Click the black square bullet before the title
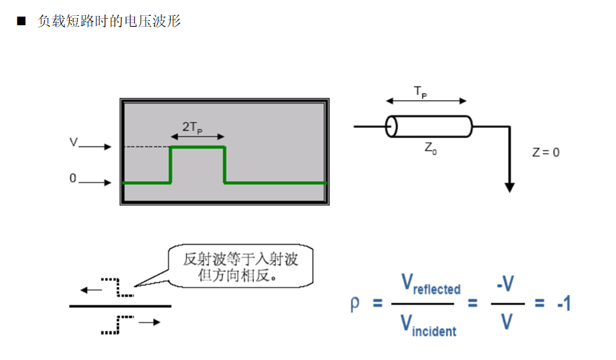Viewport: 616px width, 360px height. pos(21,22)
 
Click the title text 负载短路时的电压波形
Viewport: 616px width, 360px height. pos(109,22)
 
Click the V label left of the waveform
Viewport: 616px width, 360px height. pos(73,143)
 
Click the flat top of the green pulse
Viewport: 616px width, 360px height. pos(197,147)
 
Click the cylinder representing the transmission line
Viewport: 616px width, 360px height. pos(428,126)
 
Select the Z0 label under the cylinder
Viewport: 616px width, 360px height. pos(430,148)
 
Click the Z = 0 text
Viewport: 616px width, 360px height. pos(546,152)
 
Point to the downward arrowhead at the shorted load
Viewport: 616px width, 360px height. pos(510,187)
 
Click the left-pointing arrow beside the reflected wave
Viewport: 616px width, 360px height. pos(91,290)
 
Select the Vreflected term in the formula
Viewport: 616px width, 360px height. pos(430,285)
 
